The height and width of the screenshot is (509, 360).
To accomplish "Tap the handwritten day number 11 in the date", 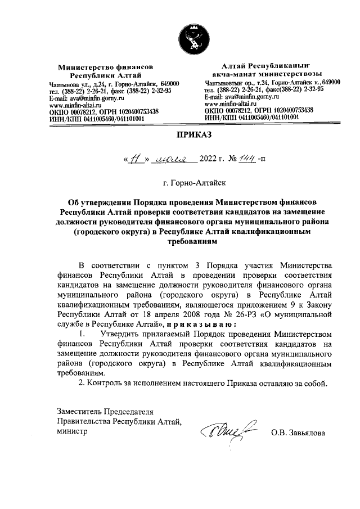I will [134, 159].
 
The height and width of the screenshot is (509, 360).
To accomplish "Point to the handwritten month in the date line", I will [177, 160].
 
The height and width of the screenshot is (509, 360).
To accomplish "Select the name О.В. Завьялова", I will [298, 433].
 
